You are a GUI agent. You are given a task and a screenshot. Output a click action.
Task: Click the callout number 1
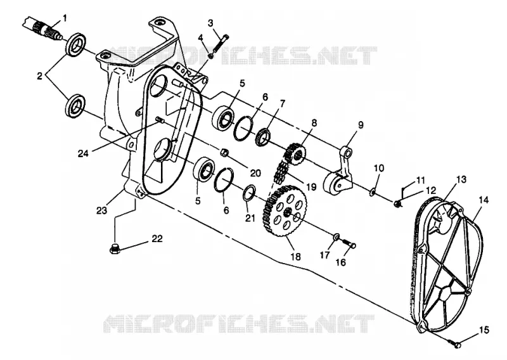65,18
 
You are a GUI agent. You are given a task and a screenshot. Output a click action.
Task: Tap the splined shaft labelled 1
41,29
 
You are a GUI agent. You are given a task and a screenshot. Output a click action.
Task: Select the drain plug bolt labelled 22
115,250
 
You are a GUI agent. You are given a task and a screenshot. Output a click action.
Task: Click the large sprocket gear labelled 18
285,210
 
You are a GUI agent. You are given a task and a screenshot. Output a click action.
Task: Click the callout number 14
484,200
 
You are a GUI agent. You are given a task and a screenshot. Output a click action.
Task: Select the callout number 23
101,210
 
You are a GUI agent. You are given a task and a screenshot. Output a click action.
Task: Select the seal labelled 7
264,137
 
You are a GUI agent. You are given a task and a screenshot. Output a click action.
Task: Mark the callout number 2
39,76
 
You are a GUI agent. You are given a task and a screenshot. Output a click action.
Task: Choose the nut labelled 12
397,203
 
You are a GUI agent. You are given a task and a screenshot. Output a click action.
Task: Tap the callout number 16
340,262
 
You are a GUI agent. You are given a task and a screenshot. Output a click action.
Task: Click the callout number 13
461,179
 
